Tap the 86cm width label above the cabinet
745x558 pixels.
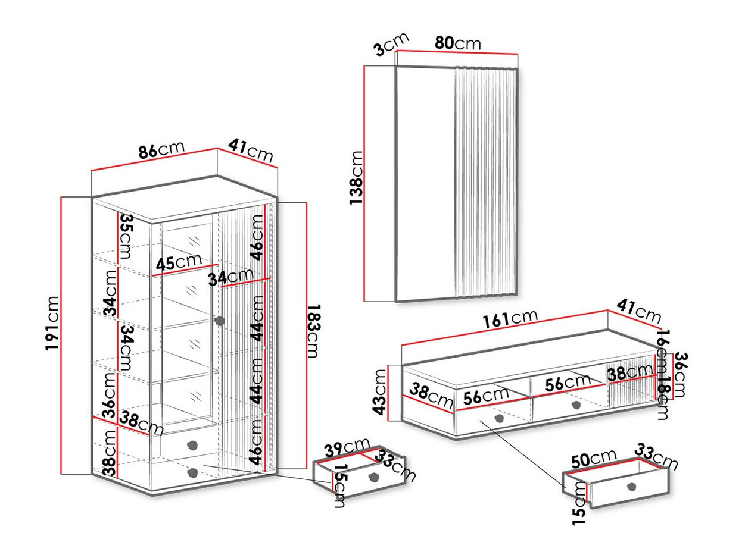[x=161, y=151]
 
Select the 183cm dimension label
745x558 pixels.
[x=313, y=331]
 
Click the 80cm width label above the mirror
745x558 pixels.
[x=457, y=43]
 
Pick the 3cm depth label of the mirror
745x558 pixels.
[x=391, y=44]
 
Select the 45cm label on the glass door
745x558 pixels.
[x=179, y=262]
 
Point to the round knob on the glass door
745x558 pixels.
[x=219, y=321]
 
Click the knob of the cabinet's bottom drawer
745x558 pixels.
[x=192, y=473]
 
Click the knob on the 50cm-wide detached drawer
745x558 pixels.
[x=631, y=487]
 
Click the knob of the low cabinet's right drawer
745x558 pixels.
[x=575, y=405]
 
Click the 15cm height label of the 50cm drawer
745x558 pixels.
[x=579, y=503]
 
